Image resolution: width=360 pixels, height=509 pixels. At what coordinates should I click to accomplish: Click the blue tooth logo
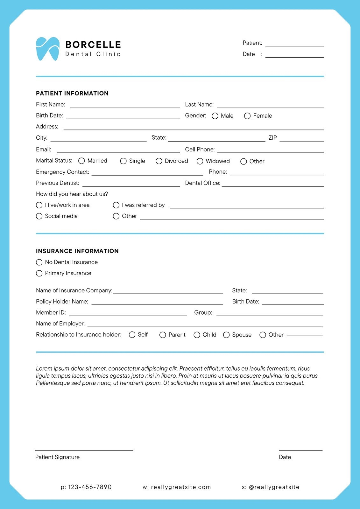click(x=48, y=49)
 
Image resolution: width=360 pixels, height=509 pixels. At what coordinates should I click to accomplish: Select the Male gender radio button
click(x=215, y=116)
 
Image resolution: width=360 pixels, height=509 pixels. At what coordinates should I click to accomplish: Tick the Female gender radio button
click(x=247, y=116)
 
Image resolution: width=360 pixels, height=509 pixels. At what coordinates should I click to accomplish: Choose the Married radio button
click(x=81, y=161)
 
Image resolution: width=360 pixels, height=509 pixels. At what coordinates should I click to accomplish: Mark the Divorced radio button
click(x=159, y=161)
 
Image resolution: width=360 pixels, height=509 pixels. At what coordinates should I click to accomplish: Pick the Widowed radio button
click(x=200, y=161)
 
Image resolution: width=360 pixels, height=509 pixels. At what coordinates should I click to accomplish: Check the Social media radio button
click(x=39, y=216)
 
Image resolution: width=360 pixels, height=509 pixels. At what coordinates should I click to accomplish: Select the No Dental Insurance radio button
click(x=39, y=262)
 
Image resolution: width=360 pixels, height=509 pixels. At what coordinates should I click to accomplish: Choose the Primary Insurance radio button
click(x=39, y=273)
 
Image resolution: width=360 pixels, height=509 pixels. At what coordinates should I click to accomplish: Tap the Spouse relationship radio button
click(x=226, y=335)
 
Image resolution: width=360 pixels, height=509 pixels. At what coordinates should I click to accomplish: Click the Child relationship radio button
click(x=197, y=335)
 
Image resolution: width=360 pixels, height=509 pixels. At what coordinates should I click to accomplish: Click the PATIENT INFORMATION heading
click(x=72, y=93)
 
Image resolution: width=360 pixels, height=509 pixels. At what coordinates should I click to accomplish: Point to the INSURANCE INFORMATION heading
click(x=77, y=251)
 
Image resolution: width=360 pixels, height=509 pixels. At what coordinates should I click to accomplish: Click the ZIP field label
click(x=273, y=138)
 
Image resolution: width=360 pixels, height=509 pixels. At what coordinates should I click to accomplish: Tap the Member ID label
click(x=51, y=312)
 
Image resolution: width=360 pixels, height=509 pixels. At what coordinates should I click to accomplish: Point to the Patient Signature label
click(x=57, y=457)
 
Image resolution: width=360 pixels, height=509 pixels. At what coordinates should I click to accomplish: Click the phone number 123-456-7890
click(x=90, y=487)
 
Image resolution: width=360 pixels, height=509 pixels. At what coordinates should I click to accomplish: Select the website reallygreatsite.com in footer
click(x=181, y=487)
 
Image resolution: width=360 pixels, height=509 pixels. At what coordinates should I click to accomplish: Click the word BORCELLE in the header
click(x=93, y=45)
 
